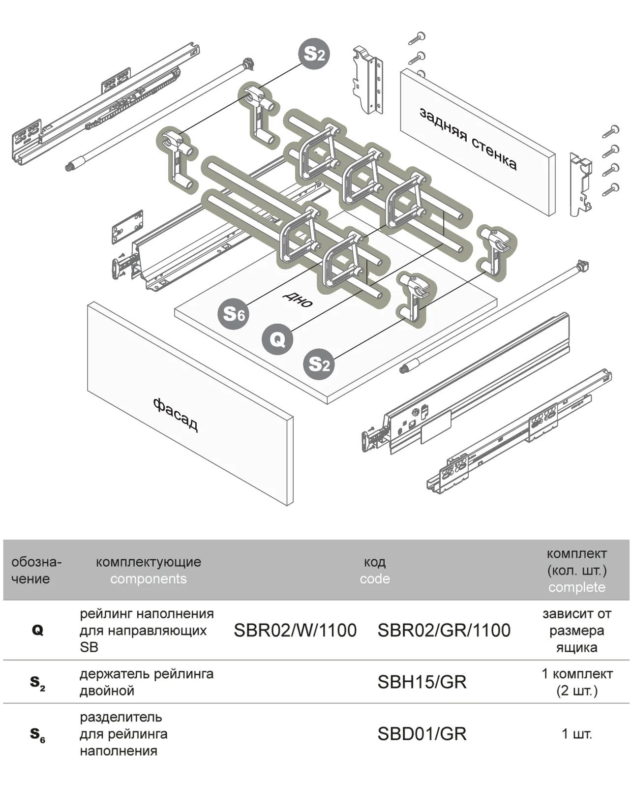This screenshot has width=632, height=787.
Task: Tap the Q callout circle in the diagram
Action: [277, 339]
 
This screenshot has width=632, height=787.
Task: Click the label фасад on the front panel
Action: [176, 415]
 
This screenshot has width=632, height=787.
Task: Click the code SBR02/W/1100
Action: [295, 630]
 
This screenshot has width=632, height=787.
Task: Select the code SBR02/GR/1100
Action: [444, 630]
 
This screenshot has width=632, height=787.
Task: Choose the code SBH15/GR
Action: [421, 682]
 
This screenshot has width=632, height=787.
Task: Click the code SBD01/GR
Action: [421, 733]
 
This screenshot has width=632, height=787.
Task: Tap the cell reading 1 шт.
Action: [576, 734]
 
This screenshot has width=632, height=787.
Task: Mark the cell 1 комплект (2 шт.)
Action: [576, 682]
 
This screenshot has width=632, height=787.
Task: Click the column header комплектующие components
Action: [148, 570]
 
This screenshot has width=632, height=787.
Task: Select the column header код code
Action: [374, 570]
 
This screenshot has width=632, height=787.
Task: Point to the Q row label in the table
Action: [37, 630]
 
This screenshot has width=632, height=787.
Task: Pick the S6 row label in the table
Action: [37, 734]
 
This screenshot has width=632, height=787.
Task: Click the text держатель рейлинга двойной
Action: [147, 682]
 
